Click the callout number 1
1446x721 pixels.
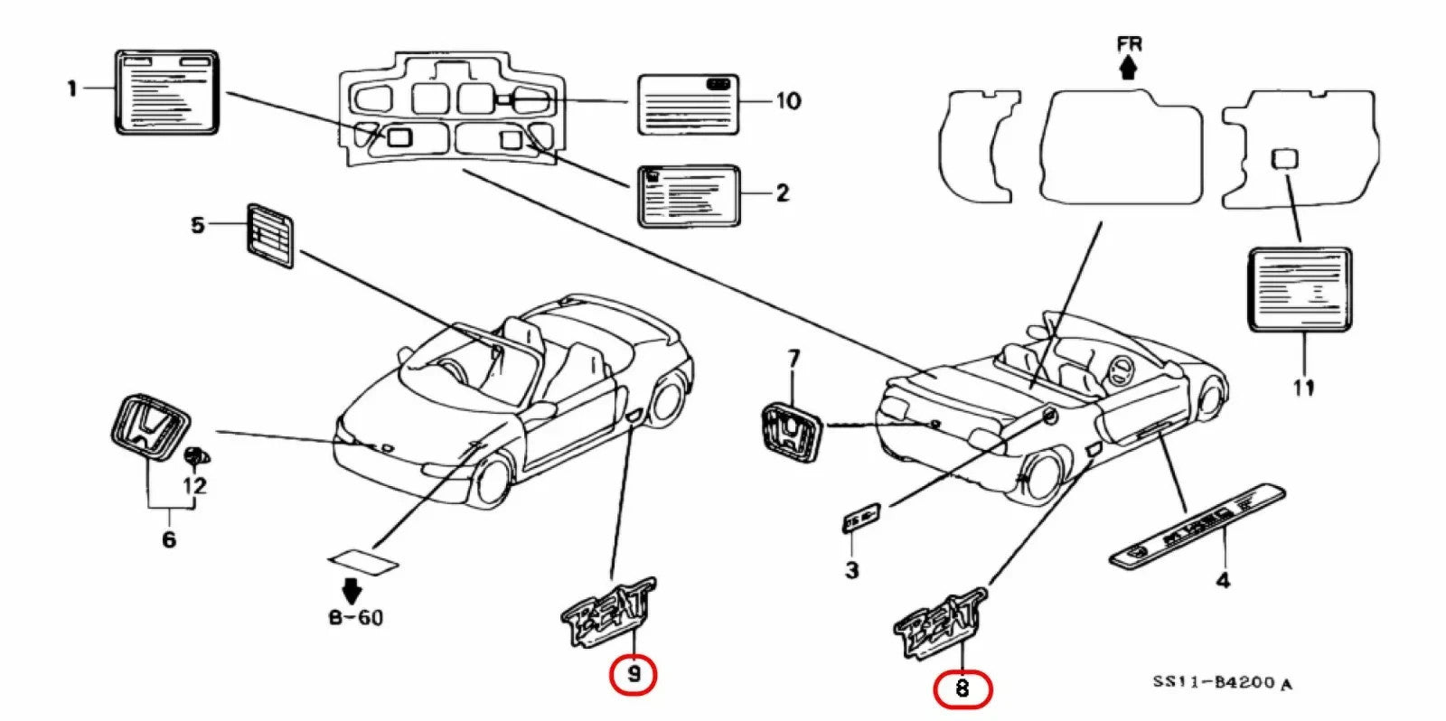coord(72,89)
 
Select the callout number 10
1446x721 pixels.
coord(788,100)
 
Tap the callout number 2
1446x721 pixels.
coord(783,192)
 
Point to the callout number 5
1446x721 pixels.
coord(198,224)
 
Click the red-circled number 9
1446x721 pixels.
coord(634,674)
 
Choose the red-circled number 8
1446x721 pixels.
coord(962,689)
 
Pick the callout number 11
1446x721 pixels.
coord(1303,388)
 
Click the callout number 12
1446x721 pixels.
coord(194,485)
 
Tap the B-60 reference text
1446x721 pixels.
coord(355,618)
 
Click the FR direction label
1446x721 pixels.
coord(1129,43)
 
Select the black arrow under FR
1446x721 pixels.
coord(1128,68)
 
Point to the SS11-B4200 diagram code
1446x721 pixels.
coord(1221,682)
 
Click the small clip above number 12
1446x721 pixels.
coord(192,455)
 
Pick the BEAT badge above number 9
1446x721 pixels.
coord(608,612)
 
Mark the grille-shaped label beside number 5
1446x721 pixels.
coord(270,236)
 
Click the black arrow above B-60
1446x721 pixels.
coord(352,591)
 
